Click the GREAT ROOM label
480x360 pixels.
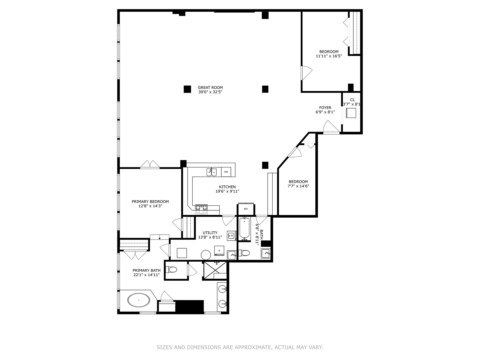[x=210, y=88]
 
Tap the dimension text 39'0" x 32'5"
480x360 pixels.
[x=210, y=92]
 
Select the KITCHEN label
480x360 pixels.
[x=227, y=187]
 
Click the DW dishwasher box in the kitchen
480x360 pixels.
[x=226, y=172]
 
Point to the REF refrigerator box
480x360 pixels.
[x=246, y=209]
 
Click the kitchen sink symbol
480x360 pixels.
[x=211, y=172]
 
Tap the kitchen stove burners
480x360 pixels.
[x=201, y=209]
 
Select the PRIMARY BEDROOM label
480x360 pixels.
[x=150, y=202]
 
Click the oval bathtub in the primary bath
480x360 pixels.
[x=138, y=300]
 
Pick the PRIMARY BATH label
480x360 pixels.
[x=146, y=271]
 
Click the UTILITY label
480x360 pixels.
[x=210, y=233]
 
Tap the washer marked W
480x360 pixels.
[x=232, y=236]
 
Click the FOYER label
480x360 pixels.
[x=325, y=108]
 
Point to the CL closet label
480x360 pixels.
[x=352, y=100]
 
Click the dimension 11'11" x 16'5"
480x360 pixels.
[x=329, y=56]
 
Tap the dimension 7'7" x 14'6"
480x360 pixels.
[x=298, y=186]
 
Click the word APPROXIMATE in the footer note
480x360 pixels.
[x=253, y=347]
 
